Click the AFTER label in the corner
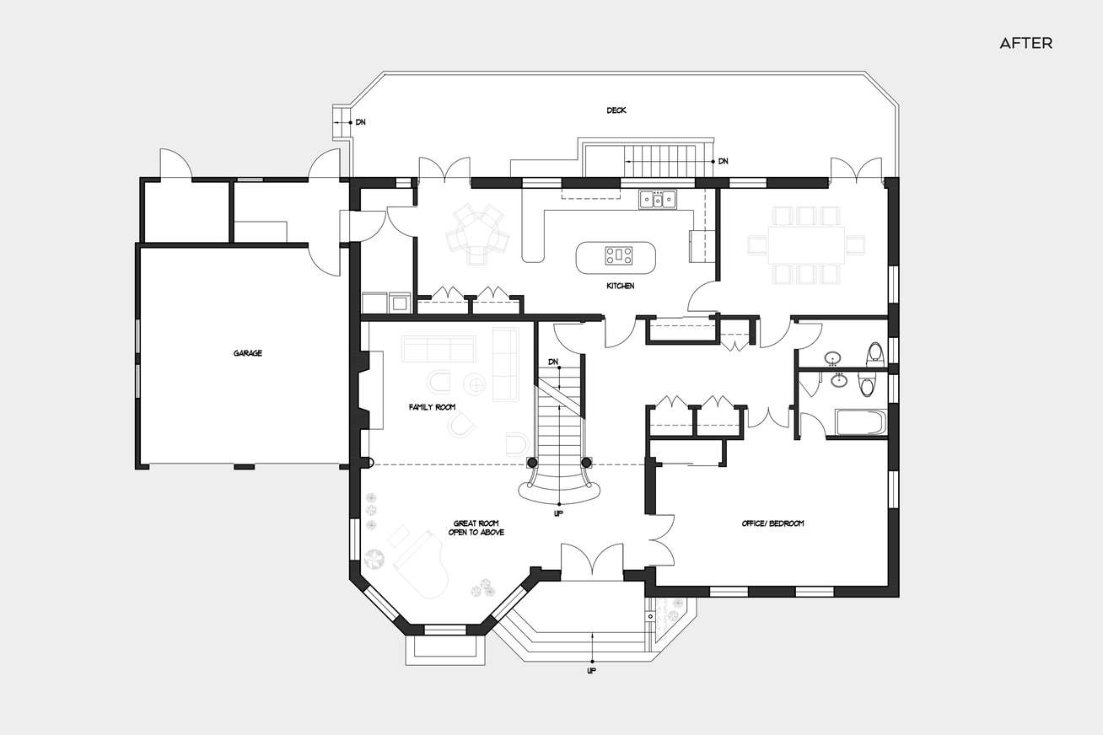tap(1025, 44)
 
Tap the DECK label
tap(616, 110)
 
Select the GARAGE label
tap(248, 353)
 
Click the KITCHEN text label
tap(620, 287)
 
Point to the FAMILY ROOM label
tap(432, 407)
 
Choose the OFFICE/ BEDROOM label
tap(772, 523)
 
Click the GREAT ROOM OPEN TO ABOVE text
tap(476, 528)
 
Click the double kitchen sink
tap(657, 199)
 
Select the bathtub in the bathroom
tap(857, 422)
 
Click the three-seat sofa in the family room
tap(438, 347)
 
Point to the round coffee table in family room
tap(477, 384)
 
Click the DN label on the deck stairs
tap(723, 161)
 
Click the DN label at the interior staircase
tap(553, 362)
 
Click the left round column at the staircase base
tap(533, 462)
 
